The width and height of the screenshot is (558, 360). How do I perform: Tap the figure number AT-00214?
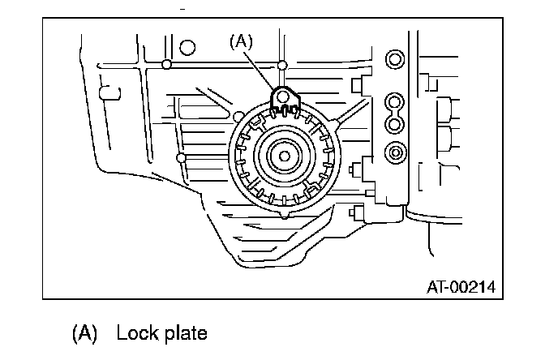pyautogui.click(x=460, y=287)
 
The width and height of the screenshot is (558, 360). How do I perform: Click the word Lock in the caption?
pyautogui.click(x=134, y=333)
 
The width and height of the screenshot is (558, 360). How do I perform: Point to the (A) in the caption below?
pyautogui.click(x=84, y=333)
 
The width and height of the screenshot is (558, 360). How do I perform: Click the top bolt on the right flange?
pyautogui.click(x=394, y=60)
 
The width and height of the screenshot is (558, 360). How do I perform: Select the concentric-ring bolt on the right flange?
pyautogui.click(x=395, y=151)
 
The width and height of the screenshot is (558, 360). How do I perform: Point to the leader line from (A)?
pyautogui.click(x=261, y=70)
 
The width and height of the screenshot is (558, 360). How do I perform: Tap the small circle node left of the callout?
pyautogui.click(x=165, y=64)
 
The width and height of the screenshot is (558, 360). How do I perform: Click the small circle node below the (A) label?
pyautogui.click(x=281, y=64)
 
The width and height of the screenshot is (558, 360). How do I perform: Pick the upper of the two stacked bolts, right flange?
pyautogui.click(x=394, y=102)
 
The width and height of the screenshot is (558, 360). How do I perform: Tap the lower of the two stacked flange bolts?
pyautogui.click(x=394, y=123)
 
